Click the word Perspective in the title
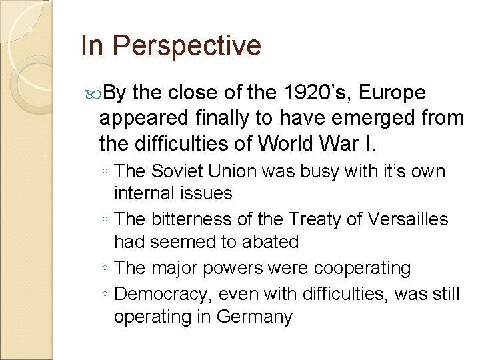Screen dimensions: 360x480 pyautogui.click(x=187, y=47)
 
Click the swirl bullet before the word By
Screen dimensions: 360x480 pyautogui.click(x=93, y=93)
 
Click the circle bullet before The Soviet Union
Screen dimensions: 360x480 pyautogui.click(x=107, y=172)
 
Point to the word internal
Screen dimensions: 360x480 pyautogui.click(x=145, y=193)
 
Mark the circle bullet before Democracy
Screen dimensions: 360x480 pyautogui.click(x=107, y=294)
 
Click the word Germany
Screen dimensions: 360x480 pyautogui.click(x=255, y=316)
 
